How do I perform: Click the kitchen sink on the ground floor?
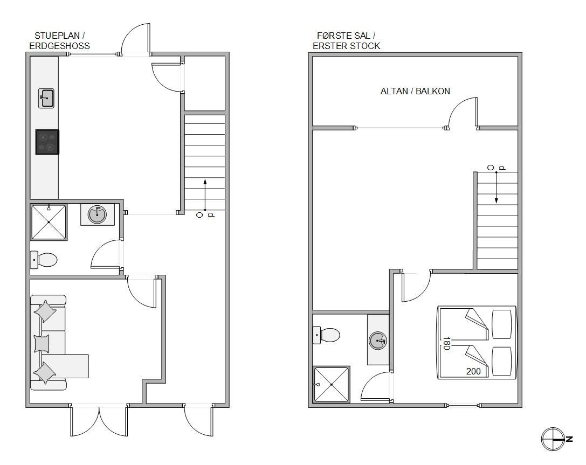(x=46, y=98)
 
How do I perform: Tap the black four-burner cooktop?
(x=47, y=142)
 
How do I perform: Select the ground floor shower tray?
(x=49, y=222)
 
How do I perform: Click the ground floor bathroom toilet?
(x=43, y=260)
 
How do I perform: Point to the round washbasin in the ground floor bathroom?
(x=97, y=214)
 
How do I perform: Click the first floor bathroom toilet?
(x=326, y=335)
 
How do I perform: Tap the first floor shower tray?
(x=332, y=384)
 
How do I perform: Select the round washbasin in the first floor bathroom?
(x=378, y=341)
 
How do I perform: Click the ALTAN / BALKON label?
(x=415, y=91)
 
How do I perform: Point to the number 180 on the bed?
(x=446, y=343)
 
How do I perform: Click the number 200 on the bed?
(x=473, y=371)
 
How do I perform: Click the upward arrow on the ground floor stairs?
(x=205, y=195)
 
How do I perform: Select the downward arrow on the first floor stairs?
(x=497, y=188)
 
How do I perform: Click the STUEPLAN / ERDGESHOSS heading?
(x=59, y=41)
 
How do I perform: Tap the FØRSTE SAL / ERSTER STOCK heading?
(x=346, y=41)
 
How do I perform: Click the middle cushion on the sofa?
(x=42, y=343)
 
